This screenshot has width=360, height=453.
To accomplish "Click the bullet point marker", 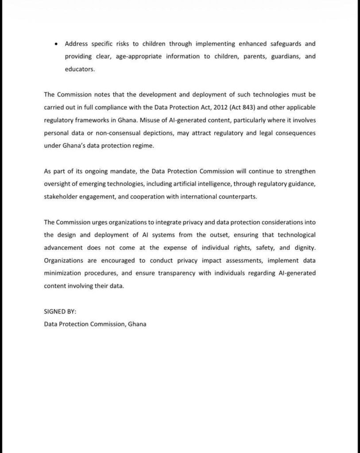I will coord(55,44).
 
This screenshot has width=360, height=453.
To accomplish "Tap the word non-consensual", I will coord(109,133).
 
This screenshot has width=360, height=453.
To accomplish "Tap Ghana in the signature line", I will coord(137,324).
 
